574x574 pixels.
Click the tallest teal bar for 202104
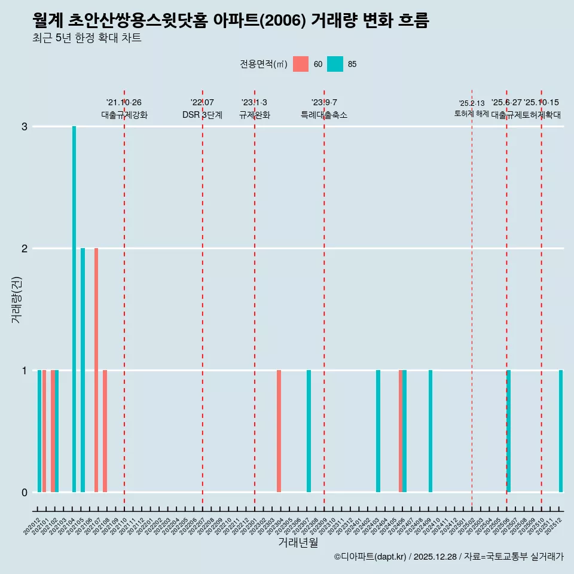74,309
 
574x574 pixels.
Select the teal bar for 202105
83,370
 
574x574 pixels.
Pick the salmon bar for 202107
96,370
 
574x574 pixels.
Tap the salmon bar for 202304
279,431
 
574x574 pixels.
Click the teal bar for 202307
309,431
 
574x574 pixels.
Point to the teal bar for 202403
378,431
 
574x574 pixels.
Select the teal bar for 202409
430,431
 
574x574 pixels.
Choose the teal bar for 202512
561,431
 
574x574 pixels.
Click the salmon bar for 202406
401,431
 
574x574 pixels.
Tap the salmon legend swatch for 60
301,64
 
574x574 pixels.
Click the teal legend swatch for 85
335,64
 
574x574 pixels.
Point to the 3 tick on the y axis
25,126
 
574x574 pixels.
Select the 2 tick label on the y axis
25,248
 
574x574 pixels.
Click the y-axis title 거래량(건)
17,299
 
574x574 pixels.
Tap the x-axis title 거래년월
298,542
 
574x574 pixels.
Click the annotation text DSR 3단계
202,115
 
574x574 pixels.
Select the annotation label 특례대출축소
323,115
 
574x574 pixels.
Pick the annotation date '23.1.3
254,103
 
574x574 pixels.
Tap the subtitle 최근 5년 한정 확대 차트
87,38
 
